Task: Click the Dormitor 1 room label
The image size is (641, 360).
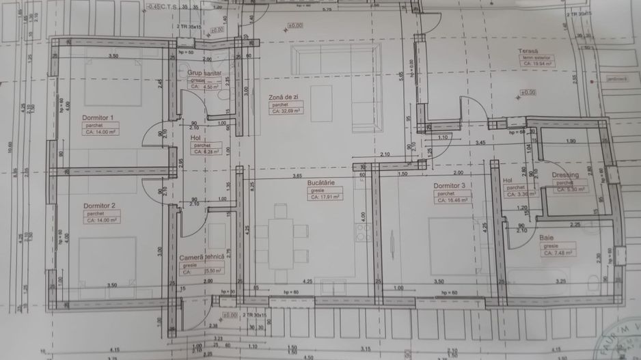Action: tap(98, 117)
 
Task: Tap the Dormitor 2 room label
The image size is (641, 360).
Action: tap(99, 206)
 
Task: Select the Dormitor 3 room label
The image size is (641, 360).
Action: tap(450, 186)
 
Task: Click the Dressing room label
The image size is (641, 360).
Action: tap(566, 175)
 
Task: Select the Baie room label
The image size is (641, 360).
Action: tap(547, 238)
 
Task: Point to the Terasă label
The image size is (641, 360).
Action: tap(529, 53)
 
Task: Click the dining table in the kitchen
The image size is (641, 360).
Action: tap(282, 236)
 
